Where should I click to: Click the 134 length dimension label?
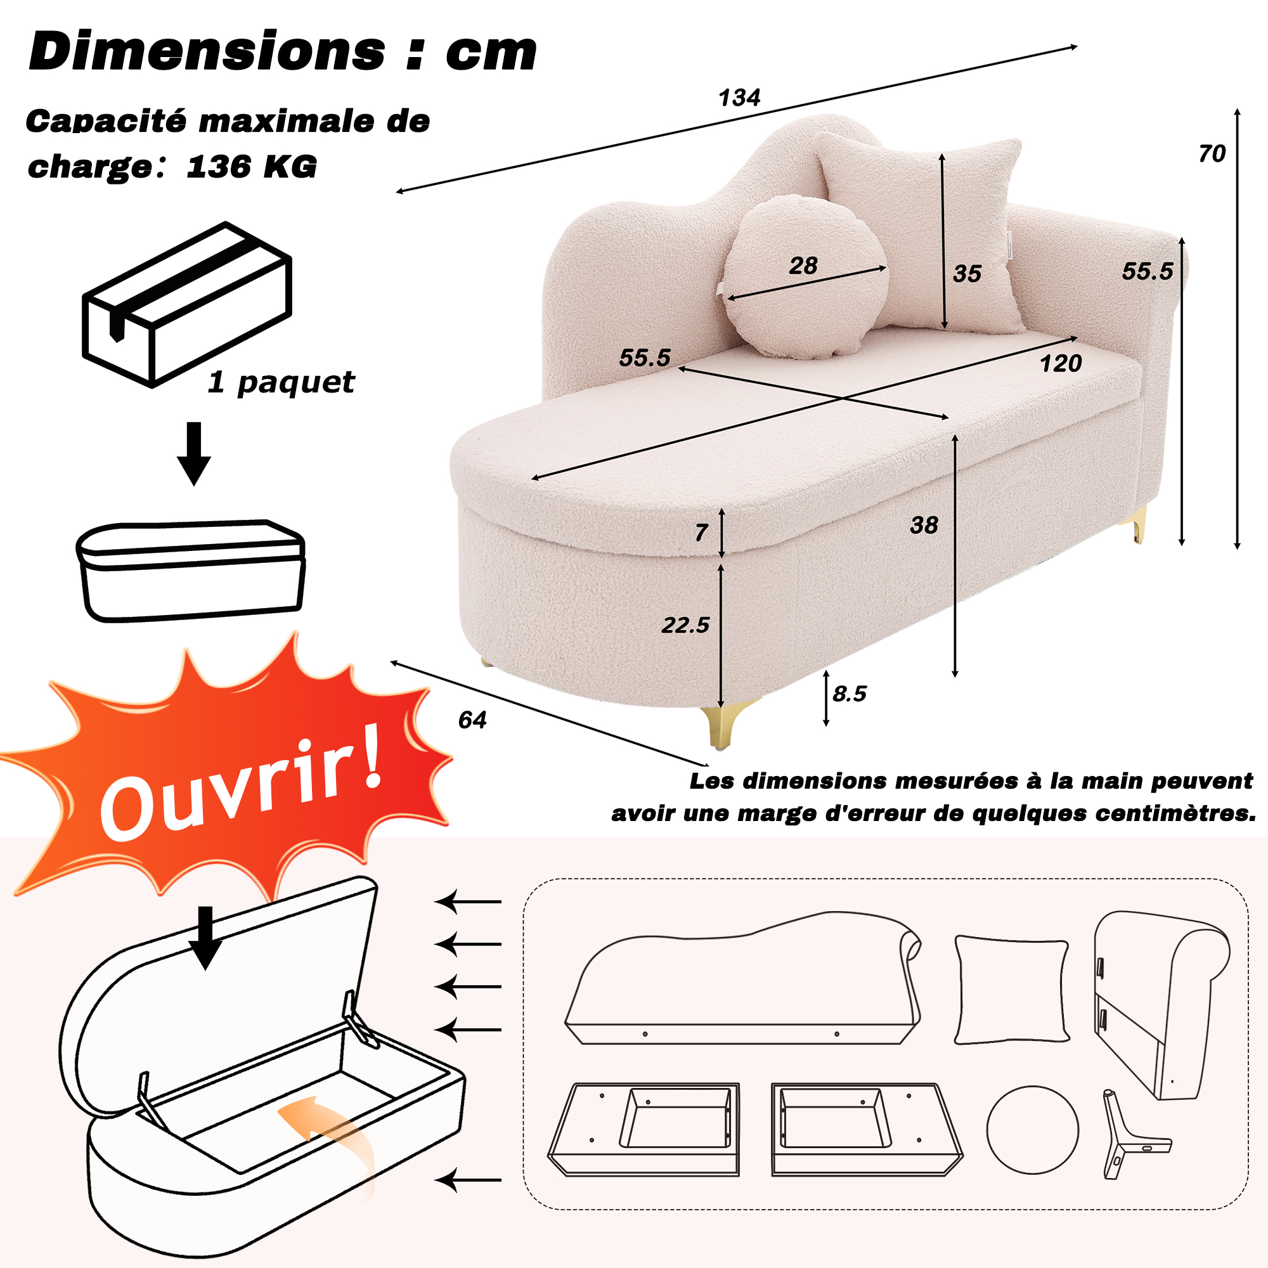click(x=740, y=98)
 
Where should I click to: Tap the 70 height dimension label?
click(x=1212, y=153)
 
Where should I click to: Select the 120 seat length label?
click(x=1061, y=363)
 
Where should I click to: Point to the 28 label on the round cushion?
click(x=803, y=266)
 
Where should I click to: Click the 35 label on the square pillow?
click(x=967, y=274)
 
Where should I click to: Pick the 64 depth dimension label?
click(x=472, y=721)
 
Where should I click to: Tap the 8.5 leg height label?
click(x=850, y=694)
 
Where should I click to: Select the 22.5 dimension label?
click(x=685, y=625)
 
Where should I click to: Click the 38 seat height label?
click(x=924, y=525)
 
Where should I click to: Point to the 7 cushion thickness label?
click(x=701, y=533)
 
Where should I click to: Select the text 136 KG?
click(x=251, y=166)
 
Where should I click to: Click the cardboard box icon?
click(x=187, y=304)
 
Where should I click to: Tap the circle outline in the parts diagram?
click(x=1032, y=1130)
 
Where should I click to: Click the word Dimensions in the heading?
click(x=207, y=51)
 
